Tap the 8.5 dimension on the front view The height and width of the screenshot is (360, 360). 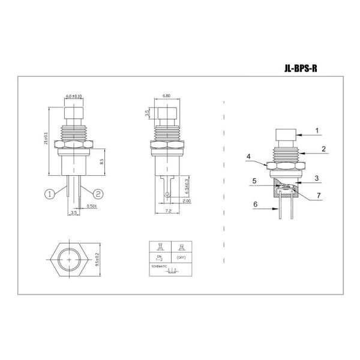pos(103,161)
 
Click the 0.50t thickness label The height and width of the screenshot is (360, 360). pos(91,206)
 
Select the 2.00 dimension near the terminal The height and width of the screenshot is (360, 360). pos(187,202)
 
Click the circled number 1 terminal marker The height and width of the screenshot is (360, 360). pos(50,193)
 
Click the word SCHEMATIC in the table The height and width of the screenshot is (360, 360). pos(159,265)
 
